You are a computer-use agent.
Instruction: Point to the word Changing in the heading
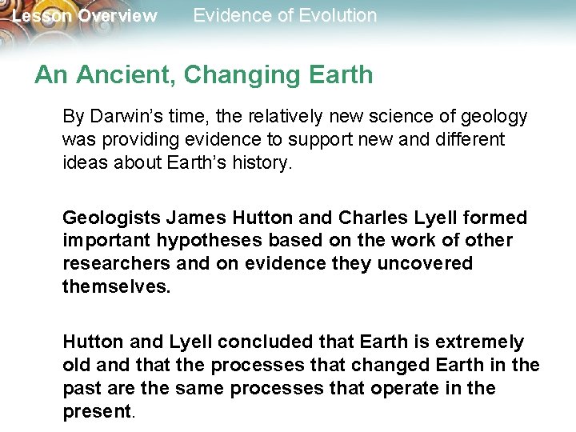pos(238,75)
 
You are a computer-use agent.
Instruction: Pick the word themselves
pos(116,287)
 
